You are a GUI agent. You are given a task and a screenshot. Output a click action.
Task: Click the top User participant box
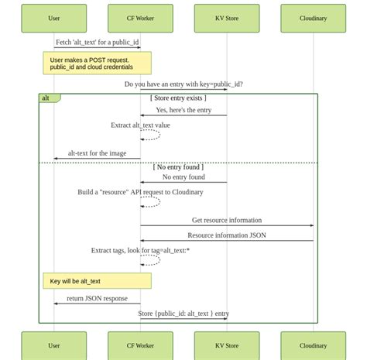[53, 18]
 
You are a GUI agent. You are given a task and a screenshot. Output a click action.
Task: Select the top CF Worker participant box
[140, 18]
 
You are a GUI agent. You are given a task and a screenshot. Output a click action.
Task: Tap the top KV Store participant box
[227, 18]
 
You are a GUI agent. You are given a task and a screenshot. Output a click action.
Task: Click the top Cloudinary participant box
[313, 18]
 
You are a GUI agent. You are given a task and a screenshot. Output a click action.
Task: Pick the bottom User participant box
[53, 345]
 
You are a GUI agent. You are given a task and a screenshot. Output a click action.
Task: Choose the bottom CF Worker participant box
[140, 345]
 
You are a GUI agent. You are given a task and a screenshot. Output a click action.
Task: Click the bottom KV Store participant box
[227, 345]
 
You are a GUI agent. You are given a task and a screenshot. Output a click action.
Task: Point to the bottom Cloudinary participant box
[313, 345]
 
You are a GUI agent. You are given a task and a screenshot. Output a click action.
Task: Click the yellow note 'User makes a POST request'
[97, 63]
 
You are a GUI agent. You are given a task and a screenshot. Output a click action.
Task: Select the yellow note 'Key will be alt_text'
[97, 281]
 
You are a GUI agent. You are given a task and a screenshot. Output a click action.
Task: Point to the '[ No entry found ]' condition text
[178, 166]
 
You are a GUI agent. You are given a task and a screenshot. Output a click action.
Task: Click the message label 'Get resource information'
[227, 221]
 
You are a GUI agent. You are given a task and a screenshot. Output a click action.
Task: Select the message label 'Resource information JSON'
[227, 235]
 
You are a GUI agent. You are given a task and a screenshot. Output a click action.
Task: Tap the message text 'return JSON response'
[97, 298]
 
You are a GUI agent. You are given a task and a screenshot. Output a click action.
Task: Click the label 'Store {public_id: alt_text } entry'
[183, 314]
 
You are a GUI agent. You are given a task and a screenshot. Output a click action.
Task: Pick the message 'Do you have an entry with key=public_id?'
[183, 84]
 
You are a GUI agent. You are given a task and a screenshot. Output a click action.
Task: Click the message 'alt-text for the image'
[97, 153]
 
